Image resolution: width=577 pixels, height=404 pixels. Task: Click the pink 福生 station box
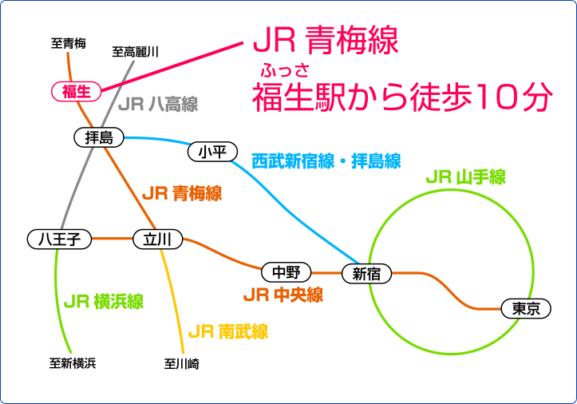coord(76,91)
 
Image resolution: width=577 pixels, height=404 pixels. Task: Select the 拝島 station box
coord(99,137)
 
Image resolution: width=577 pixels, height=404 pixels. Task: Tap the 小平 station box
coord(213,152)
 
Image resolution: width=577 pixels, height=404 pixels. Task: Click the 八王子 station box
coord(59,239)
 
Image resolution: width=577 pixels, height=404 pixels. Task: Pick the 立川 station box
coord(157,239)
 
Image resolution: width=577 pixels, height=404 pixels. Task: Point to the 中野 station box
coord(287,272)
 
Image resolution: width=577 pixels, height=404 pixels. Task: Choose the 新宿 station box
coord(366,274)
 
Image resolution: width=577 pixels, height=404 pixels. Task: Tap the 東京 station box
coord(526,308)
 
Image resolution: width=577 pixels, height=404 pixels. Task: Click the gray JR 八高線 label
coord(158,105)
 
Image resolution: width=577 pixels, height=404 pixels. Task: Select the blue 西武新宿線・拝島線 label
coord(326,161)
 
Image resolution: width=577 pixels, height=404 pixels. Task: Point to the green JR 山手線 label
coord(466,176)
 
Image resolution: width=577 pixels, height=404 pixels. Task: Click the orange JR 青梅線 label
coord(182,193)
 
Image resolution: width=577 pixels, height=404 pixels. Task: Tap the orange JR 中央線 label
coord(283,295)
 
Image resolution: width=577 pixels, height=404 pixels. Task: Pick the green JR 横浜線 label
coord(104,301)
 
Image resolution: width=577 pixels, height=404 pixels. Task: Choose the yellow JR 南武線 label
coord(228,331)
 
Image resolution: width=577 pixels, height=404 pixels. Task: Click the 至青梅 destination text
coord(69,43)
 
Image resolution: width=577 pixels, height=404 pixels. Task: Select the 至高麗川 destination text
coord(136,52)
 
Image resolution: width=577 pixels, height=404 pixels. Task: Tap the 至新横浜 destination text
coord(73,363)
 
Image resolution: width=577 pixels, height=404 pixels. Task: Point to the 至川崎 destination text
coord(182,364)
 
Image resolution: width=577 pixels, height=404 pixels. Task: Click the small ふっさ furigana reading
coord(285,70)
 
